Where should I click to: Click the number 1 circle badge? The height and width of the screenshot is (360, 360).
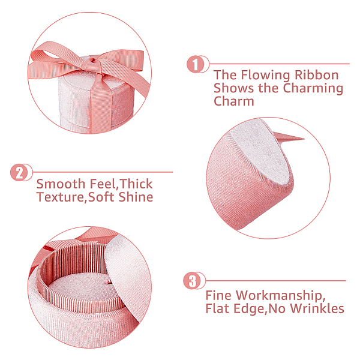pyautogui.click(x=196, y=64)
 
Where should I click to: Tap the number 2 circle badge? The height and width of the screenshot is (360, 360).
pyautogui.click(x=19, y=172)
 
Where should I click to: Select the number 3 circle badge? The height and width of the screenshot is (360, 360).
pyautogui.click(x=192, y=281)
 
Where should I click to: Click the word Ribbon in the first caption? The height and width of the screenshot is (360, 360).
pyautogui.click(x=316, y=75)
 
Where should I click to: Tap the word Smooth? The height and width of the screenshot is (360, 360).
pyautogui.click(x=61, y=184)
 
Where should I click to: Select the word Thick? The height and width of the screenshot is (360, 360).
pyautogui.click(x=136, y=184)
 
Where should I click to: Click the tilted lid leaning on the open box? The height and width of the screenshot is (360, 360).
pyautogui.click(x=127, y=275)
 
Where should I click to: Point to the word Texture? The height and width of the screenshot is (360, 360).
pyautogui.click(x=61, y=197)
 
